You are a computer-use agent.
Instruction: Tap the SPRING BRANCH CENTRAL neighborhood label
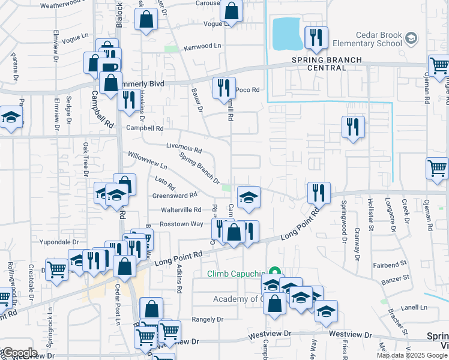[327, 64]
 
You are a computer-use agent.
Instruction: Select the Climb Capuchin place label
[237, 274]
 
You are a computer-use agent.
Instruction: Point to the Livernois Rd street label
[184, 146]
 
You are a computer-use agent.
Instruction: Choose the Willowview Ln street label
[146, 160]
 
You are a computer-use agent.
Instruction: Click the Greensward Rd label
[175, 195]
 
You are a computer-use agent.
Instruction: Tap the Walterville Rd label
[181, 210]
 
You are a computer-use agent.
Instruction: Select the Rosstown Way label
[181, 224]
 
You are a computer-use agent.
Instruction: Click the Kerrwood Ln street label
[202, 46]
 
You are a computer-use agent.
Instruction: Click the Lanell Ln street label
[414, 307]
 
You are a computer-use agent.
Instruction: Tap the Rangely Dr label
[208, 319]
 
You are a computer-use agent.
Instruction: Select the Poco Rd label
[247, 90]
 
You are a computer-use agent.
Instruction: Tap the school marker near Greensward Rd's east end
[249, 196]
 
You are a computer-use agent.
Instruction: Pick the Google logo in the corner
[19, 353]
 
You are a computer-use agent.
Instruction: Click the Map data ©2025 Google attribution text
[411, 355]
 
